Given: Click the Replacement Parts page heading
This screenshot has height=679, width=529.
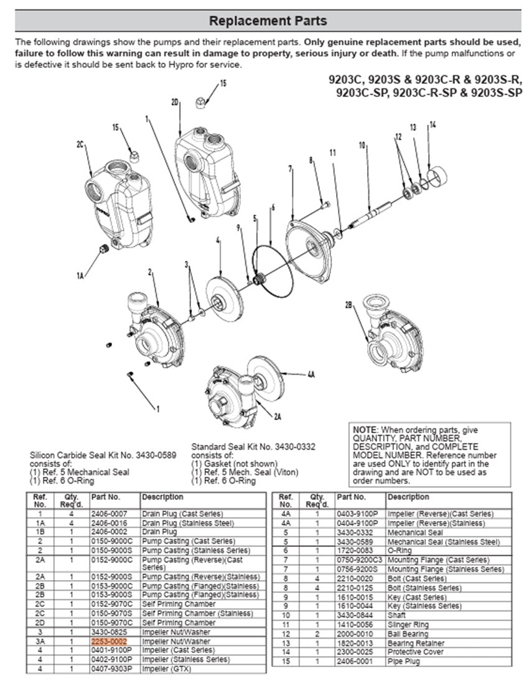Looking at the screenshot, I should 268,21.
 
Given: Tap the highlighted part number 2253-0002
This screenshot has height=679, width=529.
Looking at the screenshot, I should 109,642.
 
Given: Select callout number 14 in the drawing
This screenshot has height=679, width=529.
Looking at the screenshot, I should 433,125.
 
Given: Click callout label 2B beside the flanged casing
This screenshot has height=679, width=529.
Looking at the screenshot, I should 349,304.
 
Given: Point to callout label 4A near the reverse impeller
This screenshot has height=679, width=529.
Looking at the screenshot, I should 311,375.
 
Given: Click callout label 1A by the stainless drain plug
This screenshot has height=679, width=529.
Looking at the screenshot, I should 80,275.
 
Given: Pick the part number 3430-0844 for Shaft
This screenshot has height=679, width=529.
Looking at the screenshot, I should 353,616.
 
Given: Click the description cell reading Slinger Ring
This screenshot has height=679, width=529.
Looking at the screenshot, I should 408,625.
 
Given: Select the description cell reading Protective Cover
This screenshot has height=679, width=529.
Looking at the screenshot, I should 416,652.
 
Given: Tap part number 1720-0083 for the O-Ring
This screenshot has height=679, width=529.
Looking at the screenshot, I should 353,551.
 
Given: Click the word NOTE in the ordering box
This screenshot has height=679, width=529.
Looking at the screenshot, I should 365,430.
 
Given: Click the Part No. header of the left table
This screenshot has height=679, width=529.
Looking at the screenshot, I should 105,497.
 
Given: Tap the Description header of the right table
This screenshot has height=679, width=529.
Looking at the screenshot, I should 408,497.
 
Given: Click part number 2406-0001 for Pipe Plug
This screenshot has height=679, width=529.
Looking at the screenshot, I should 353,661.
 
